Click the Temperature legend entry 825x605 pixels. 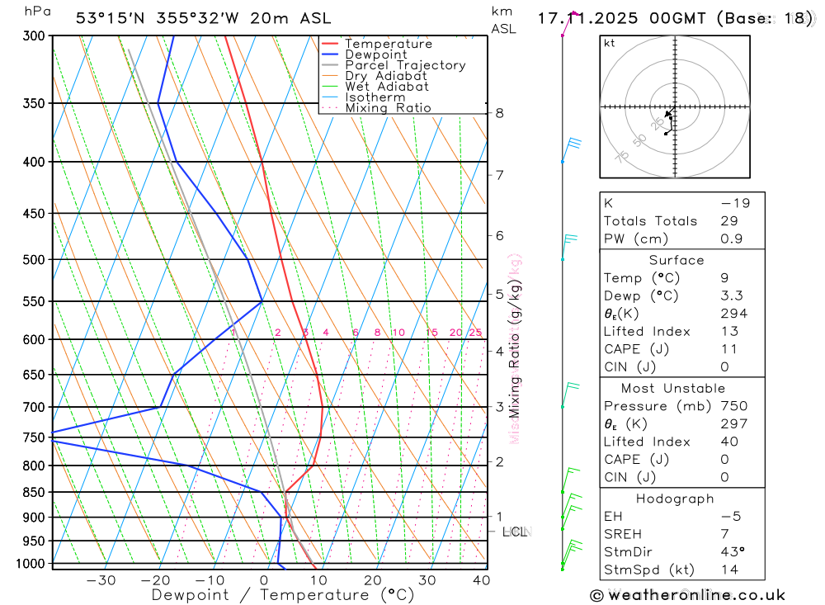click(x=388, y=44)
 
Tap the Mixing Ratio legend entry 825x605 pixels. click(x=388, y=108)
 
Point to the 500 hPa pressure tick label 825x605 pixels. click(x=33, y=259)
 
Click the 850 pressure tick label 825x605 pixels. click(x=33, y=493)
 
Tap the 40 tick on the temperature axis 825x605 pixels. click(x=480, y=580)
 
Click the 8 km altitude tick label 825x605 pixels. click(x=499, y=113)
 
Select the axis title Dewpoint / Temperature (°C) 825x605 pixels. click(x=283, y=595)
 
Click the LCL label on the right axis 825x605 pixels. click(x=515, y=532)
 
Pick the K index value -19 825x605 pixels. click(x=734, y=203)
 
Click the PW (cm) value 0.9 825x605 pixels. click(x=730, y=239)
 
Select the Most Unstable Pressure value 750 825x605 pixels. click(x=733, y=406)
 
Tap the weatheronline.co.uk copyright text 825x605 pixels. click(x=687, y=595)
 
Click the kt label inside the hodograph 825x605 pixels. click(x=610, y=43)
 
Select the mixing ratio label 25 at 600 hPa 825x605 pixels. click(x=475, y=333)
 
